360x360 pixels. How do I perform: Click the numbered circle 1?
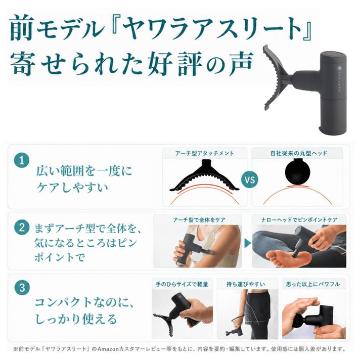click(x=22, y=160)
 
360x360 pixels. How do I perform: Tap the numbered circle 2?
click(x=22, y=228)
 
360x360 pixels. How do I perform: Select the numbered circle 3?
click(x=22, y=288)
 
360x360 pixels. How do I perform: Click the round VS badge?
click(x=250, y=179)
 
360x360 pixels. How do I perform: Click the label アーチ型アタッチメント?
click(x=205, y=153)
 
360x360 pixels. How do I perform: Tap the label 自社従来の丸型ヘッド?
click(x=299, y=153)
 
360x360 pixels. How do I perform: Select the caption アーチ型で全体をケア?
click(x=199, y=220)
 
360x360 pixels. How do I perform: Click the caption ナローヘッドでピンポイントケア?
click(x=299, y=220)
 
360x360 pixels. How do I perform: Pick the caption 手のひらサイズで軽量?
click(x=182, y=284)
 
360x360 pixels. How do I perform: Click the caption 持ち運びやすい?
click(x=246, y=284)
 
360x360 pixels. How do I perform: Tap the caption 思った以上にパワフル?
click(x=312, y=284)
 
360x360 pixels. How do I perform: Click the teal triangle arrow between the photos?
click(x=248, y=243)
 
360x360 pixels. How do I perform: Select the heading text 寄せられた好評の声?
click(x=132, y=63)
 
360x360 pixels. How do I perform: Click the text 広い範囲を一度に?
click(x=84, y=171)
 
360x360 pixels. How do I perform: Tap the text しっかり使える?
click(x=76, y=319)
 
